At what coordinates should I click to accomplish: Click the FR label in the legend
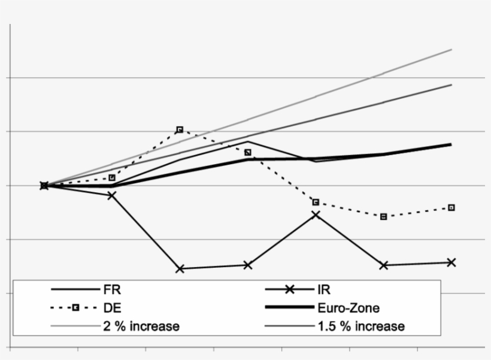(113, 290)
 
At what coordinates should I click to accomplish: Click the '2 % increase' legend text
(141, 326)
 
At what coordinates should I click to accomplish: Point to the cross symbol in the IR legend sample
(289, 290)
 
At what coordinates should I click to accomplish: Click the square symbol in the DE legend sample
(75, 308)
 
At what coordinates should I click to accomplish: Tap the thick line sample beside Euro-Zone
(289, 308)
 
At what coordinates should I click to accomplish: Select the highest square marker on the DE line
(180, 129)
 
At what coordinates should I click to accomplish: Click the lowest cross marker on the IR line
(180, 269)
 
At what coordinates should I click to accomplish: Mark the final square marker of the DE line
(451, 207)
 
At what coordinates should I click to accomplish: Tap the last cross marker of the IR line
(451, 262)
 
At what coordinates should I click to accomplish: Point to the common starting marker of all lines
(44, 186)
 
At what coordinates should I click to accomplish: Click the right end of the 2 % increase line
(451, 50)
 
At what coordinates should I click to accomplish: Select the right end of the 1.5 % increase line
(451, 84)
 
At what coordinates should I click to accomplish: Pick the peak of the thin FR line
(248, 142)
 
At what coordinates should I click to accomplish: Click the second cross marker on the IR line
(112, 195)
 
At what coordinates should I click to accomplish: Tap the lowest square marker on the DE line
(383, 216)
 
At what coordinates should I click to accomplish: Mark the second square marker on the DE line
(112, 177)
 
